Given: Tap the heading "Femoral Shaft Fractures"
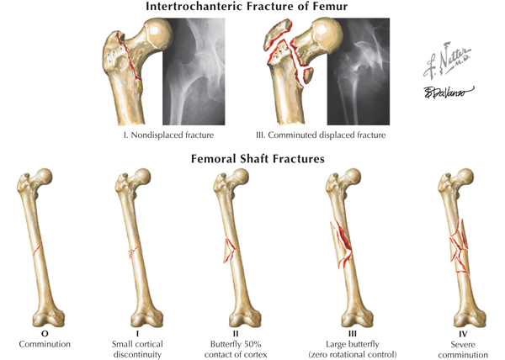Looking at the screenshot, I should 252,157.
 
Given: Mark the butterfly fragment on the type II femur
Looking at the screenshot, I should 229,248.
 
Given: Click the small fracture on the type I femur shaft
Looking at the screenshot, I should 132,250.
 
